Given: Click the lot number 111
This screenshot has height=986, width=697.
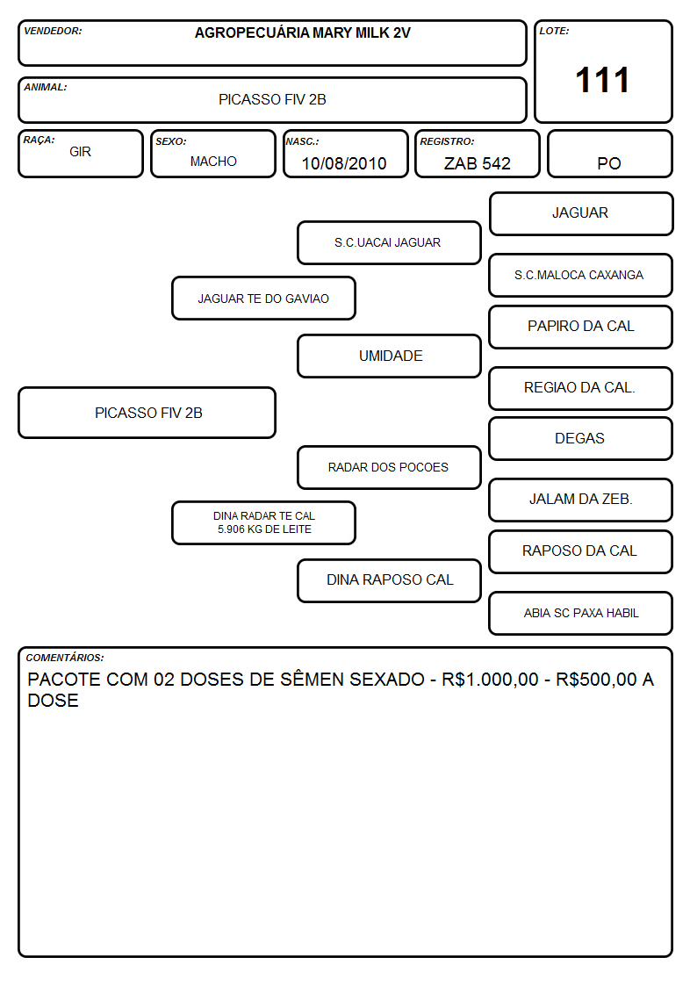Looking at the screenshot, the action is point(602,81).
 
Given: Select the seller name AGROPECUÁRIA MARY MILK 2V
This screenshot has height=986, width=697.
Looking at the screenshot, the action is point(302,32).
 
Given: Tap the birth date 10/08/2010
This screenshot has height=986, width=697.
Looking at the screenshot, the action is point(344,163).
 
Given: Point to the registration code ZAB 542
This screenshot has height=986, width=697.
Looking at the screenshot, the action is point(477,163).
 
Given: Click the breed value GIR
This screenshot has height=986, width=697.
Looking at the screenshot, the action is point(81,152).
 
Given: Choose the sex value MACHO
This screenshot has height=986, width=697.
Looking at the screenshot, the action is point(213,162).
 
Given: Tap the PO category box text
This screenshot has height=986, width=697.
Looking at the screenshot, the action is point(609,163).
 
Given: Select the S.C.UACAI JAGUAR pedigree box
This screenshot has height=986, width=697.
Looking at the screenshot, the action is point(389,242).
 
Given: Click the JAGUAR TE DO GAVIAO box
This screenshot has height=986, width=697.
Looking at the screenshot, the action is point(263,299).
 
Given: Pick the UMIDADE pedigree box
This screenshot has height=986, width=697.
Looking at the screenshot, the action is point(389,356).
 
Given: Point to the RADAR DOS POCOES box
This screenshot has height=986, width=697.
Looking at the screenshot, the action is point(389,468).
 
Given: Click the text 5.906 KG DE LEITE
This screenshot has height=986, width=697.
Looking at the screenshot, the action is point(264,529).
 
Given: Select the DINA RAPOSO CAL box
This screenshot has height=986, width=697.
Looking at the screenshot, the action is point(389,580).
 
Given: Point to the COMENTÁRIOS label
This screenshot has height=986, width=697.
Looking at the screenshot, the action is point(65,658).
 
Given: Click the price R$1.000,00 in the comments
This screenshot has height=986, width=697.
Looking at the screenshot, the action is point(490,680).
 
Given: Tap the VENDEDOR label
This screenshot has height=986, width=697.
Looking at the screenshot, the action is point(53,31).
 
